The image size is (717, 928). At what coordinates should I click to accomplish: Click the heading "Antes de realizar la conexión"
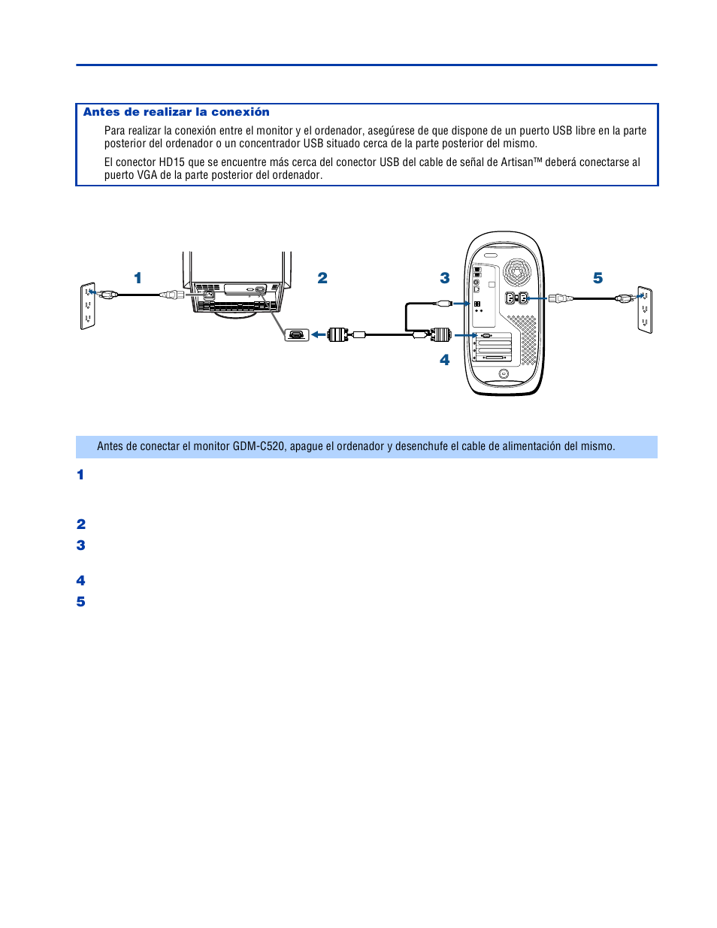176,112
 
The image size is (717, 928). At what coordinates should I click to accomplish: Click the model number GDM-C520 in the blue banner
259,446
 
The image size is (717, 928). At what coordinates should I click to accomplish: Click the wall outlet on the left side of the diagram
87,306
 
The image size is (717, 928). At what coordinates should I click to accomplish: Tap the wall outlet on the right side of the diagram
645,309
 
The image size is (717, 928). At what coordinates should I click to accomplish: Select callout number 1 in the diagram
138,278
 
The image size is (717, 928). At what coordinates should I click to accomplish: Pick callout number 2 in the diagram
322,278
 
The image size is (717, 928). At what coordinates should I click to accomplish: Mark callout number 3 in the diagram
445,278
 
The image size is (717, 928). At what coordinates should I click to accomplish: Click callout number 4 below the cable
445,360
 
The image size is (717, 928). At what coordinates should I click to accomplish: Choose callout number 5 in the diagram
598,278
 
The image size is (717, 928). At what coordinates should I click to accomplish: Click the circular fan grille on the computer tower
516,271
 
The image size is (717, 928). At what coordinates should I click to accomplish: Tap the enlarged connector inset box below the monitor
297,334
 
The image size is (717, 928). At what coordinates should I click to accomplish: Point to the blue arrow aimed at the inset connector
319,334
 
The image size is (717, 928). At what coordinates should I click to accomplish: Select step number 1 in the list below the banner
80,475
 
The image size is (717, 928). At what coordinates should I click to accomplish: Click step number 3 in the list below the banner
80,546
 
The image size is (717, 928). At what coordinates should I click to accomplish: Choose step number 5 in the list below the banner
80,602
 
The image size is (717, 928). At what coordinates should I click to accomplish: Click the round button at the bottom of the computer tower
504,373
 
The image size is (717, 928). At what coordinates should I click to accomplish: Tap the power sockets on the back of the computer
516,298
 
